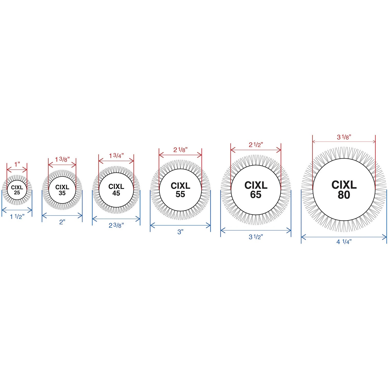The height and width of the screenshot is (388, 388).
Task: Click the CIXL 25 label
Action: click(17, 190)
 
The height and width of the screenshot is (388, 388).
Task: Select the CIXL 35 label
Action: click(62, 190)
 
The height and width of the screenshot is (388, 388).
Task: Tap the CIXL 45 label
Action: click(116, 190)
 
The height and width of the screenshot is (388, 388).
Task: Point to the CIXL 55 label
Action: click(180, 190)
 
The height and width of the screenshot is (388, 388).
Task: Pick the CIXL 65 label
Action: click(256, 190)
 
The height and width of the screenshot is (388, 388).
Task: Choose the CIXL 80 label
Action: click(344, 190)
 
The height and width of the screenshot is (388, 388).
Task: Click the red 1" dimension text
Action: click(17, 164)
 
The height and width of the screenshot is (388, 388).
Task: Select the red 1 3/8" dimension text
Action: click(62, 159)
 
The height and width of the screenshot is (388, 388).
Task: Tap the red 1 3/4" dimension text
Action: click(116, 155)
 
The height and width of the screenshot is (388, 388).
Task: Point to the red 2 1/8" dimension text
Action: click(180, 150)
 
